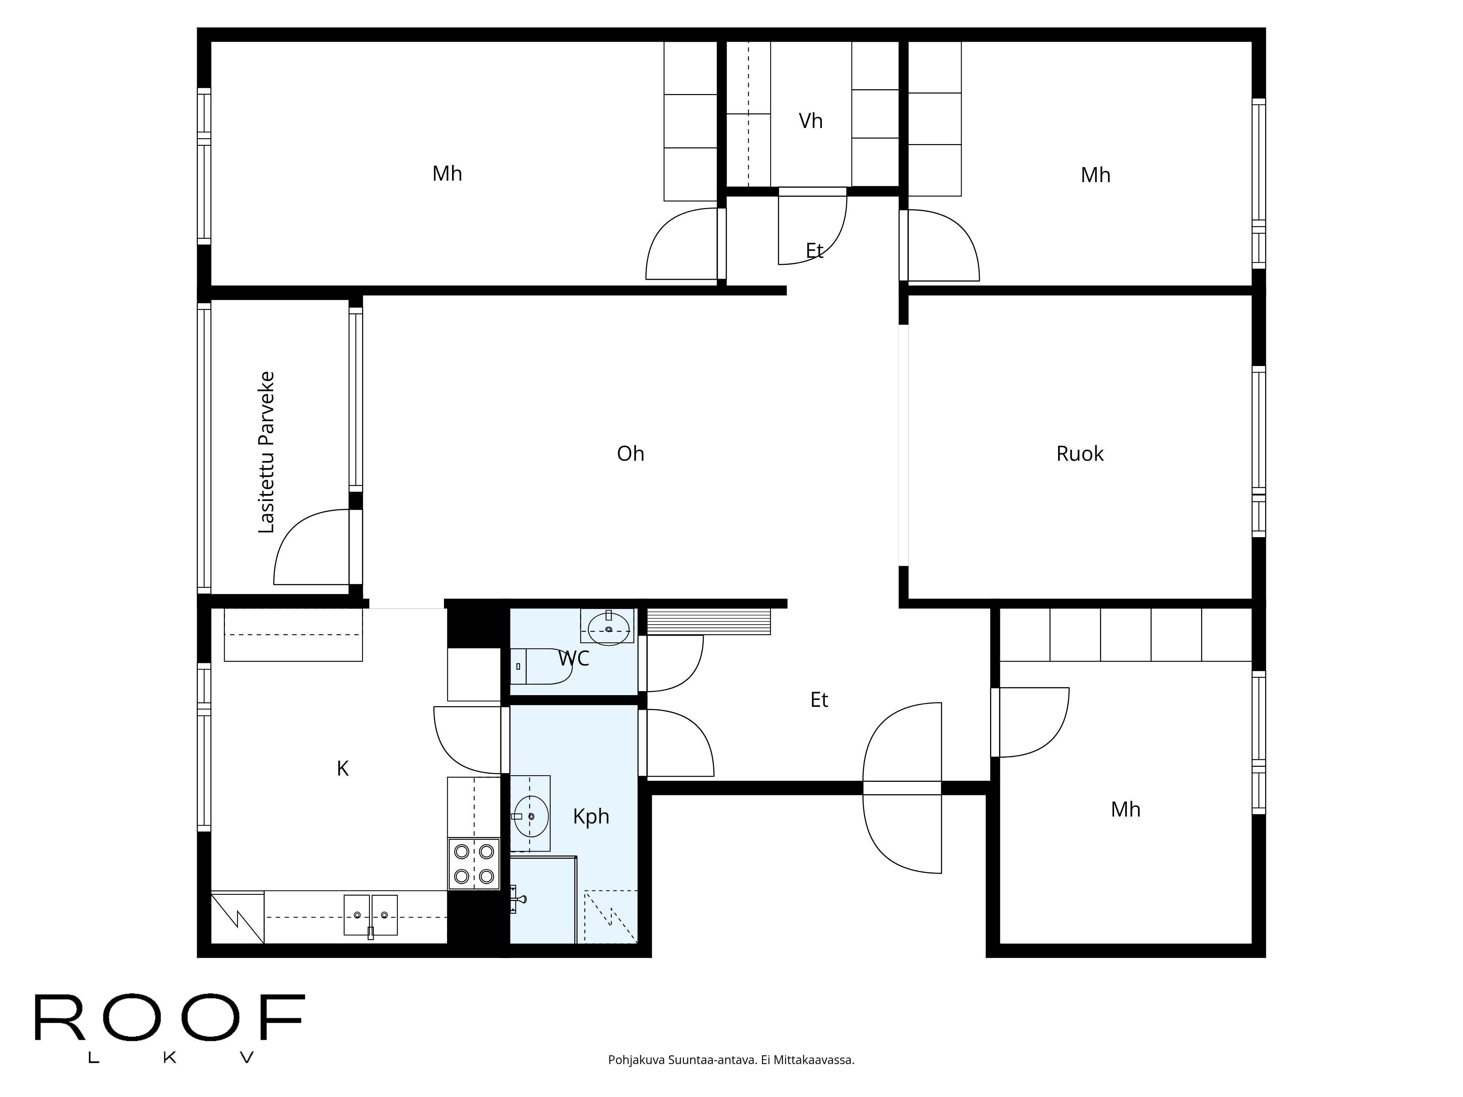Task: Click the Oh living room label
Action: click(x=630, y=454)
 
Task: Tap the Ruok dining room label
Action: click(x=1079, y=454)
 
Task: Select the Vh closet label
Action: click(x=810, y=121)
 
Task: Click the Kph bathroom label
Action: click(x=591, y=817)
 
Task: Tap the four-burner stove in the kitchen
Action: click(x=474, y=864)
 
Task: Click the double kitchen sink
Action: click(x=371, y=915)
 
